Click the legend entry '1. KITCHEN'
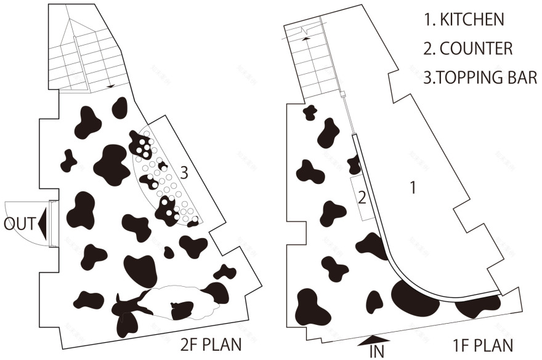(x=464, y=19)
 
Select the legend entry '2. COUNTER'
(x=467, y=49)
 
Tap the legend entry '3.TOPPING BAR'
(x=480, y=78)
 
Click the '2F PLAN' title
(x=211, y=345)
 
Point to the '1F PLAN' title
(x=482, y=345)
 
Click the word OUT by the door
(x=20, y=224)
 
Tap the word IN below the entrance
(x=377, y=351)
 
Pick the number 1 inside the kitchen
(x=413, y=187)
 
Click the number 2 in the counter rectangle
(x=362, y=198)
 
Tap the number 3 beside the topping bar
(x=184, y=173)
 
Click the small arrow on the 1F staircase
(x=305, y=39)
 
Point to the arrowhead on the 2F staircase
(x=111, y=86)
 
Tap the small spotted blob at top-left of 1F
(x=310, y=112)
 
